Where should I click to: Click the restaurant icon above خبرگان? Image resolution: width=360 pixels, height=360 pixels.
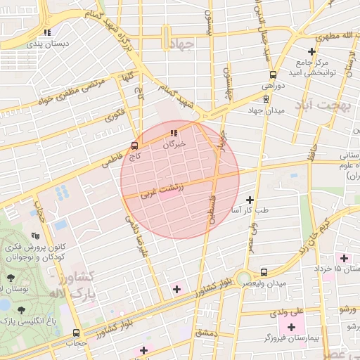[174, 133]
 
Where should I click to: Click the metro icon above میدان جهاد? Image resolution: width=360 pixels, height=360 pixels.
[265, 99]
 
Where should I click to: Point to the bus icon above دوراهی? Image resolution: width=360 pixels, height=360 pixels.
[272, 75]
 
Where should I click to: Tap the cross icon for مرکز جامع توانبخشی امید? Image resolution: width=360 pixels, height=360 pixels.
[312, 51]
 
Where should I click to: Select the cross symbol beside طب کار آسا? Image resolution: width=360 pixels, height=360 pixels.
[249, 200]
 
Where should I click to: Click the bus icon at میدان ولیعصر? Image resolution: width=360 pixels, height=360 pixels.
[264, 272]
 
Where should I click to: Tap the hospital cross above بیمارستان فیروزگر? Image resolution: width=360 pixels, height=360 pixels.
[291, 327]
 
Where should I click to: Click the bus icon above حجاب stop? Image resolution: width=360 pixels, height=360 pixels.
[76, 333]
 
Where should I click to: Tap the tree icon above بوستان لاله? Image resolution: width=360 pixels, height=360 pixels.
[10, 278]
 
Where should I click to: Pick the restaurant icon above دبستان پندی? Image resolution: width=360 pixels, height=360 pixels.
[46, 32]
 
